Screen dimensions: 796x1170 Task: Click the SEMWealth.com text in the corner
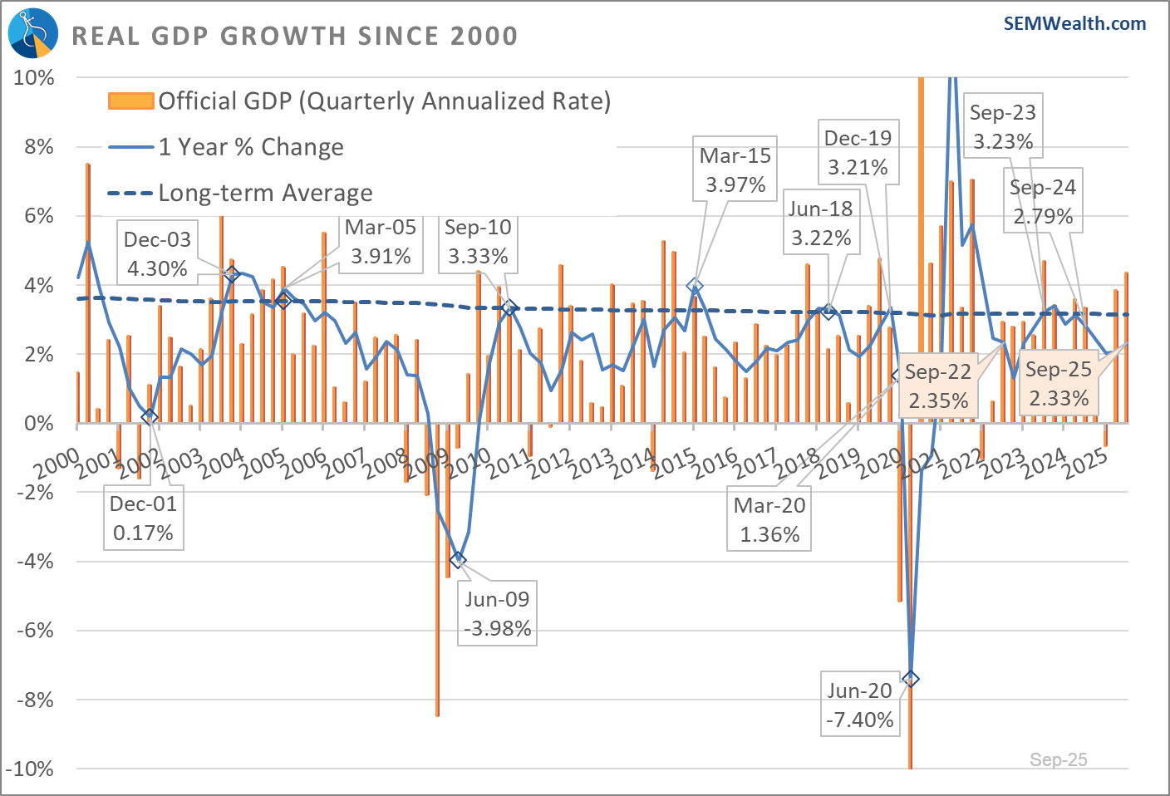coord(1074,23)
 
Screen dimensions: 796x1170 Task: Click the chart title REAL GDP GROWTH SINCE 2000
coord(295,37)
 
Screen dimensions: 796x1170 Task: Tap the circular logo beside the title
coord(33,33)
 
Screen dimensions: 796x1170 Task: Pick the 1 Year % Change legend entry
coord(250,147)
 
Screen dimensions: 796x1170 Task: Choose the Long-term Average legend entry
coord(264,193)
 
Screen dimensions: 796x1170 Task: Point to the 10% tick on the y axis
coord(34,78)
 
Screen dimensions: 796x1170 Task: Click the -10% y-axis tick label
coord(30,769)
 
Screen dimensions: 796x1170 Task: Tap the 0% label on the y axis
coord(38,423)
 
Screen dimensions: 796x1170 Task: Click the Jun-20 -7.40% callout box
coord(859,705)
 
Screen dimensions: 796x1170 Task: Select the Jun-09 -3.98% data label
coord(497,613)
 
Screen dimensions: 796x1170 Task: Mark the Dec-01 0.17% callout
coord(143,518)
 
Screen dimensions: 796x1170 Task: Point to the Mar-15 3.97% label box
coord(735,170)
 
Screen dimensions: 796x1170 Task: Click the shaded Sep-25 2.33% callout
coord(1059,384)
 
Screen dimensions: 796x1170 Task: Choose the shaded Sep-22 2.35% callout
coord(938,386)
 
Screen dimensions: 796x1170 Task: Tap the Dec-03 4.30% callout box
coord(157,253)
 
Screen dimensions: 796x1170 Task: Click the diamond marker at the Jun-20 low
coord(911,679)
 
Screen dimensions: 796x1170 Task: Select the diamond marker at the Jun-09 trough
coord(457,560)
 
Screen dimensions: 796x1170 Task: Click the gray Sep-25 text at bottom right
coord(1058,759)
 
